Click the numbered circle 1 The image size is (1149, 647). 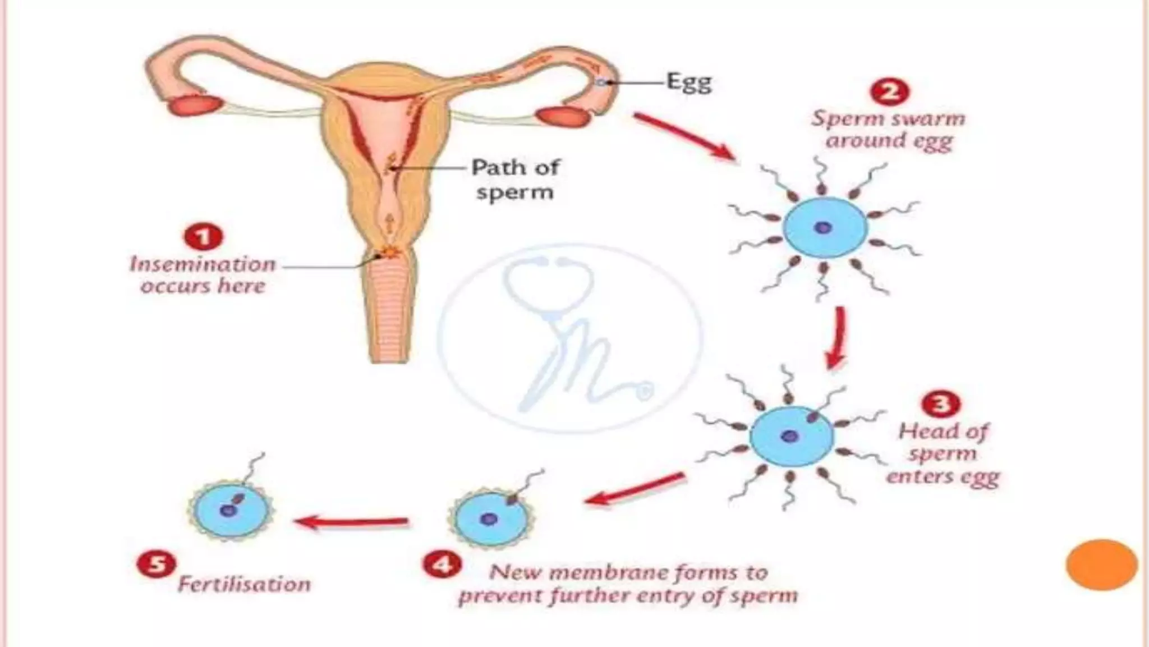click(204, 236)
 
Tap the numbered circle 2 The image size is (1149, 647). click(890, 91)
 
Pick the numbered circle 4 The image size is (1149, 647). click(443, 564)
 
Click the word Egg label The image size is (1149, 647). click(689, 83)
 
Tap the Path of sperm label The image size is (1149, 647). click(515, 179)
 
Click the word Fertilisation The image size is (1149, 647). click(244, 584)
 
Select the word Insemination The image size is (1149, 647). click(203, 264)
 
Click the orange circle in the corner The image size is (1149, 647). click(1101, 565)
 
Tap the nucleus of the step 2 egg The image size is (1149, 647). click(823, 228)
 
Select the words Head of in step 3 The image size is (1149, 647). click(943, 431)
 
